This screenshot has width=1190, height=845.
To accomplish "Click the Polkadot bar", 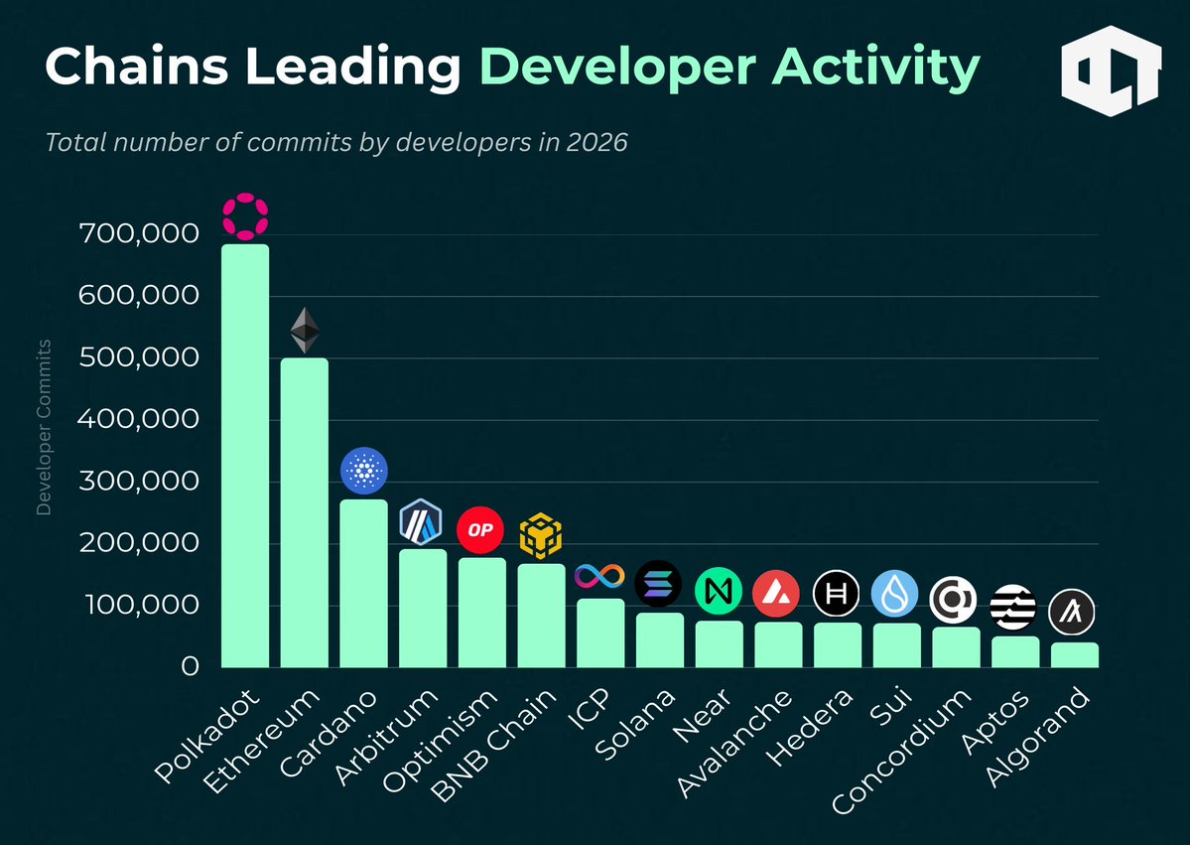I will click(x=244, y=457).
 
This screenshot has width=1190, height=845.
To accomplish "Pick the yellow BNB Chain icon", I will click(x=541, y=536).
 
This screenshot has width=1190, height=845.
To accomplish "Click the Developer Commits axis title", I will click(x=44, y=428).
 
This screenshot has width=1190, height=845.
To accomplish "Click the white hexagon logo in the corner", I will click(x=1111, y=71).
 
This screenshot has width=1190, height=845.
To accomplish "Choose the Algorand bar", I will click(x=1074, y=655).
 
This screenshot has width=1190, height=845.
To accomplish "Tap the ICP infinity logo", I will click(x=600, y=575).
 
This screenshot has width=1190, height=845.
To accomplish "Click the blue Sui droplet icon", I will click(x=895, y=594).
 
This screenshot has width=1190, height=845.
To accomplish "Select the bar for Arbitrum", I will click(x=423, y=609).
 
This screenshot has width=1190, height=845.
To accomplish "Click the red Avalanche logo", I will click(x=777, y=594).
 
